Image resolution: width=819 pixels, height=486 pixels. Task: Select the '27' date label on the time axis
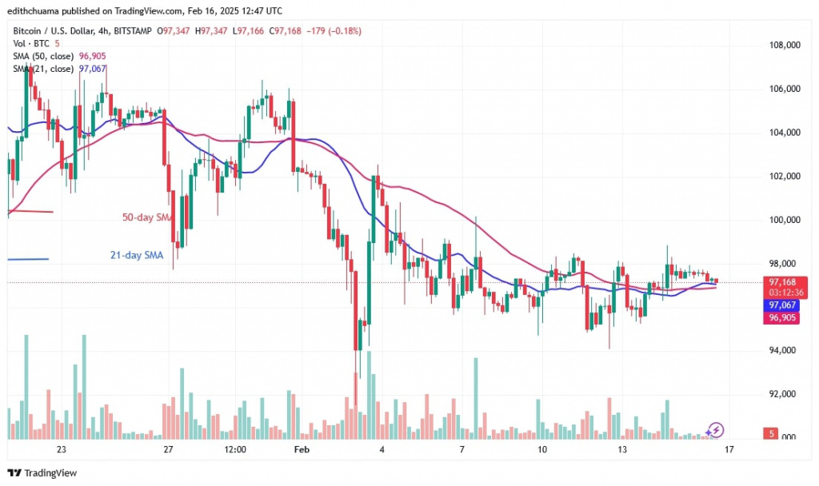168,450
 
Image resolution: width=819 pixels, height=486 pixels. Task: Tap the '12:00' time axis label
235,450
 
